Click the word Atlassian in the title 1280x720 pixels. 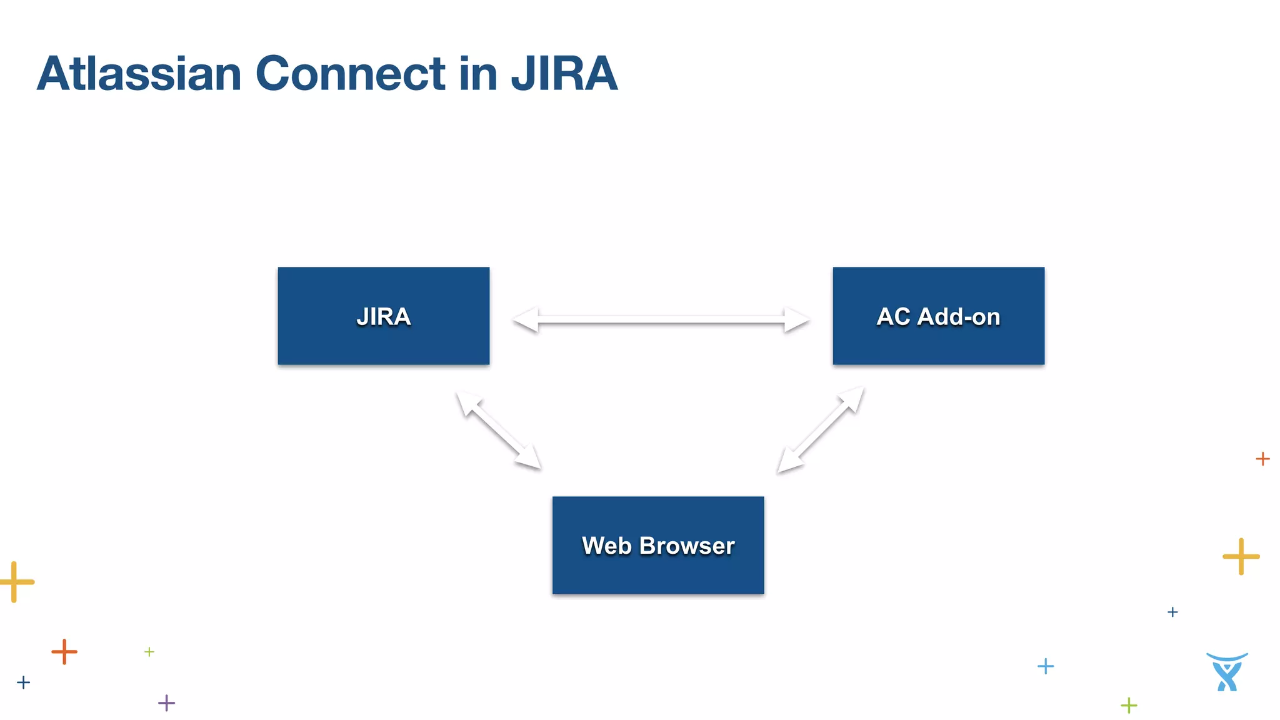click(139, 74)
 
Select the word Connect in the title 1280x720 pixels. click(351, 74)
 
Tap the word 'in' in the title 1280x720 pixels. click(478, 74)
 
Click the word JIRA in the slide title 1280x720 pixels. click(564, 74)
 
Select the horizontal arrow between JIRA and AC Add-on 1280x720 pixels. click(661, 319)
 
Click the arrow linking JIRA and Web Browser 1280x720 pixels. click(498, 430)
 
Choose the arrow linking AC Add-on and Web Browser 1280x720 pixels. click(821, 431)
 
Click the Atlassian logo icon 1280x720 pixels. click(1227, 672)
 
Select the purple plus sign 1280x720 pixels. click(166, 703)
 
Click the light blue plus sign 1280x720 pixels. click(1046, 666)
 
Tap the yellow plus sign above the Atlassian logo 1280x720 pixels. click(1241, 556)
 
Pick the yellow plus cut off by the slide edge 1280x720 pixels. click(16, 582)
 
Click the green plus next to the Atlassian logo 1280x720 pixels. click(1129, 706)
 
